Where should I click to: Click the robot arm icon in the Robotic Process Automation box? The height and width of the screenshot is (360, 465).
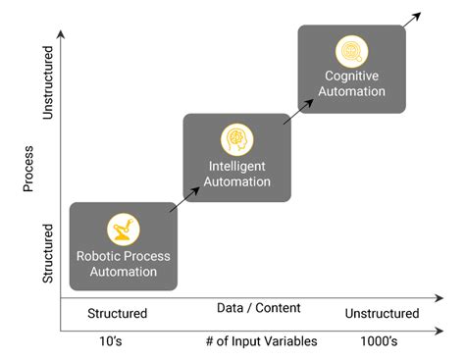pyautogui.click(x=124, y=230)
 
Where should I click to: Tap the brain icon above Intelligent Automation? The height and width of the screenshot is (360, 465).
pyautogui.click(x=236, y=137)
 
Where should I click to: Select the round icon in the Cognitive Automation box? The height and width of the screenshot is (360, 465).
pyautogui.click(x=351, y=50)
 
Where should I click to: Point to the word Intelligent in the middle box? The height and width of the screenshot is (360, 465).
pyautogui.click(x=236, y=166)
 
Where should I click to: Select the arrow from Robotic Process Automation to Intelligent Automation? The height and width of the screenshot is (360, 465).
pyautogui.click(x=181, y=200)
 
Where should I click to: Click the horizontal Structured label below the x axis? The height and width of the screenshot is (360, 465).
pyautogui.click(x=117, y=314)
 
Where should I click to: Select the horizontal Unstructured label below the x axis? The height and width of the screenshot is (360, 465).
pyautogui.click(x=382, y=314)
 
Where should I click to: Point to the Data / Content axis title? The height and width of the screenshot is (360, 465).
pyautogui.click(x=259, y=308)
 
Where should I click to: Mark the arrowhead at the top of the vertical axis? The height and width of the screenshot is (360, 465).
pyautogui.click(x=62, y=34)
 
